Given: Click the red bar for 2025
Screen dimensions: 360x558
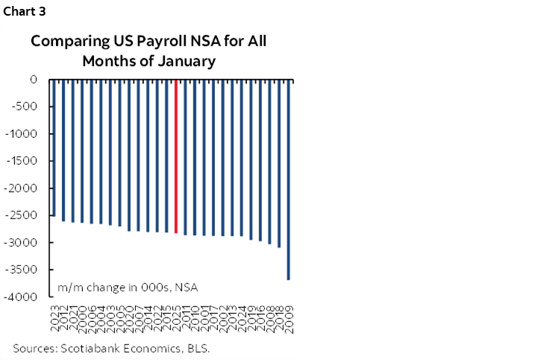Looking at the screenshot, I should [x=175, y=156].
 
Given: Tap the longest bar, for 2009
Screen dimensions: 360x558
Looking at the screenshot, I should [x=288, y=180].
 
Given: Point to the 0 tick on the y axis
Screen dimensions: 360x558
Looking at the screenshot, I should [x=34, y=79].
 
